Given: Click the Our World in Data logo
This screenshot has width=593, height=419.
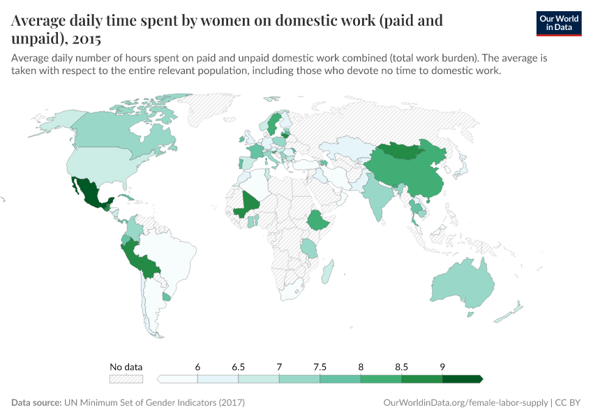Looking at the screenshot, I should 558,23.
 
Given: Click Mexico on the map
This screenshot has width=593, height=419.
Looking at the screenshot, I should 89,193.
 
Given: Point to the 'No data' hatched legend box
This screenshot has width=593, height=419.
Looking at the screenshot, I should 126,379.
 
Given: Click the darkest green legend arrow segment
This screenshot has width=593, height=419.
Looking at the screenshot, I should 462,379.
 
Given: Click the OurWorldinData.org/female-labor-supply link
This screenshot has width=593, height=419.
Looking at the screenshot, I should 465,403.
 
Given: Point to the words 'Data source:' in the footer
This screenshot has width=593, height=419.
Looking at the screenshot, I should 36,403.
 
